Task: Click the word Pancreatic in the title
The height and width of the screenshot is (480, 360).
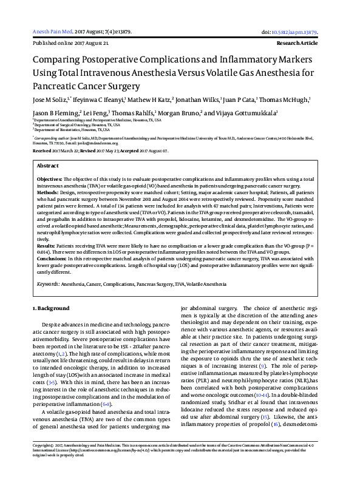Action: tap(56, 86)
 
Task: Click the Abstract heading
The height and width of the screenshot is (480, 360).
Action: tap(47, 165)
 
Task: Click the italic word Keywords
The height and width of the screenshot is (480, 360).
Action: tap(47, 284)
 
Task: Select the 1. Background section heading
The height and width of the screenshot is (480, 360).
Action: tap(52, 309)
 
